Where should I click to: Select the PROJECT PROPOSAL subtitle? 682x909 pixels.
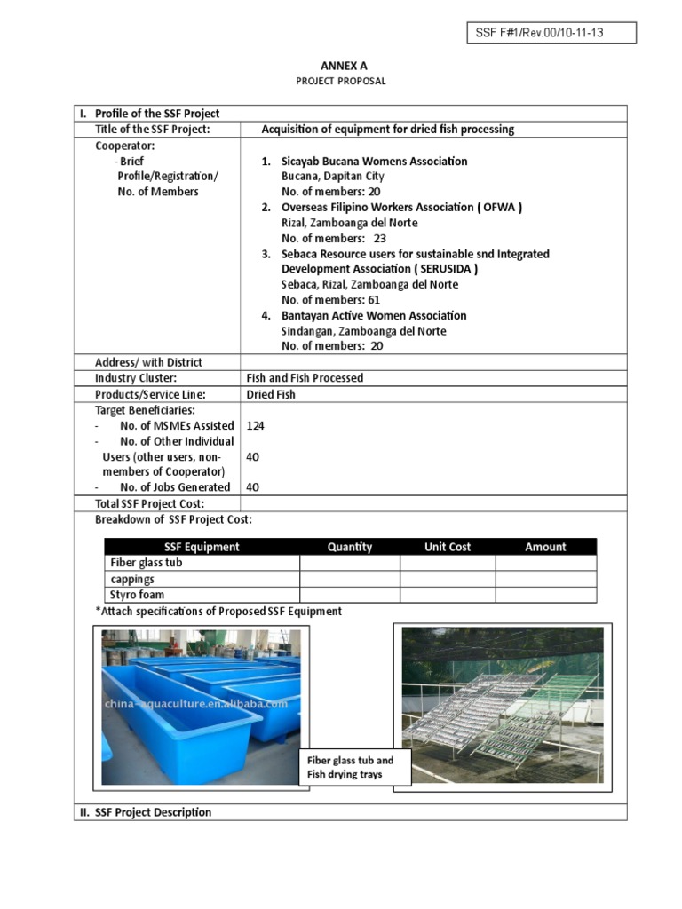coord(341,81)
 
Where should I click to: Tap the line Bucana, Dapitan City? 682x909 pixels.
coord(332,177)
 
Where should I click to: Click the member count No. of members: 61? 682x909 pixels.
coord(331,300)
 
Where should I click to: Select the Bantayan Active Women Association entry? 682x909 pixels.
coord(373,315)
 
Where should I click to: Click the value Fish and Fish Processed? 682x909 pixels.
coord(305,377)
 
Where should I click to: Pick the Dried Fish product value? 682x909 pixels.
coord(271,393)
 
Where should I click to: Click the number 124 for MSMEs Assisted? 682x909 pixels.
coord(256,425)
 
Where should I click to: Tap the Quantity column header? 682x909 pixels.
coord(349,547)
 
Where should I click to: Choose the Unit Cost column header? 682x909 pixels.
coord(448,547)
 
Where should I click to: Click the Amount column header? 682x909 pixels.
coord(545,547)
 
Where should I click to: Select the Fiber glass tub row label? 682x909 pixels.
coord(146,563)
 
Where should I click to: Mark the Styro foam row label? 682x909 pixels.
coord(137,595)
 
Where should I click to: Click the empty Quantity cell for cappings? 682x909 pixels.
coord(349,579)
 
